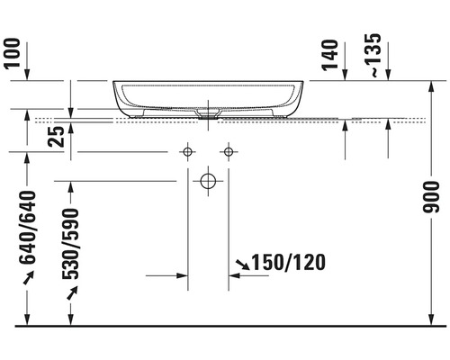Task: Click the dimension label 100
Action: (x=13, y=53)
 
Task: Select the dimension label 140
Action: (x=330, y=55)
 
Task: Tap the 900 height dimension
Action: (x=431, y=197)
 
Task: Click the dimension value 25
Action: (x=56, y=137)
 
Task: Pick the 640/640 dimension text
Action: (x=28, y=228)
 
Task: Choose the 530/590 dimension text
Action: (x=71, y=244)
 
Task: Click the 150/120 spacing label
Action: (x=288, y=262)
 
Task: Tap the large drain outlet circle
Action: (x=208, y=181)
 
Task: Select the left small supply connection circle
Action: (x=188, y=152)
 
